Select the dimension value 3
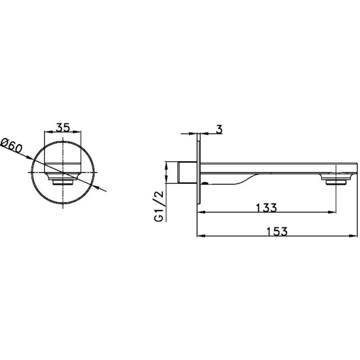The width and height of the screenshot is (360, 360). pyautogui.click(x=219, y=129)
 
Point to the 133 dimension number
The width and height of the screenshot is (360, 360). pyautogui.click(x=266, y=208)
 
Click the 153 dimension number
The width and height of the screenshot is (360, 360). pyautogui.click(x=277, y=231)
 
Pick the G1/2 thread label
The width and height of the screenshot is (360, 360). pyautogui.click(x=159, y=206)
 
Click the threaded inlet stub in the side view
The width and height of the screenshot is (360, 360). pyautogui.click(x=187, y=173)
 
